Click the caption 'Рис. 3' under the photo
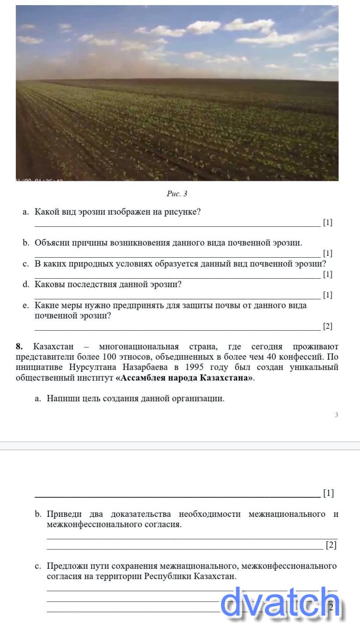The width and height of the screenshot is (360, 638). (177, 194)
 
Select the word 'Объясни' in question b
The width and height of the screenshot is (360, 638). (52, 243)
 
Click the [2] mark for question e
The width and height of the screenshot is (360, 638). (328, 326)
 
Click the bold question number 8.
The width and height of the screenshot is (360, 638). (19, 347)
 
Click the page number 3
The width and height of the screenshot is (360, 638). (336, 414)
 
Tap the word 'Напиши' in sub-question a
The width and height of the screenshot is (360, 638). (61, 399)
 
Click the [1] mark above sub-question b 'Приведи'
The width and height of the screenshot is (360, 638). (328, 493)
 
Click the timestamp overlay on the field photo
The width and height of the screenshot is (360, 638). (40, 180)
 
